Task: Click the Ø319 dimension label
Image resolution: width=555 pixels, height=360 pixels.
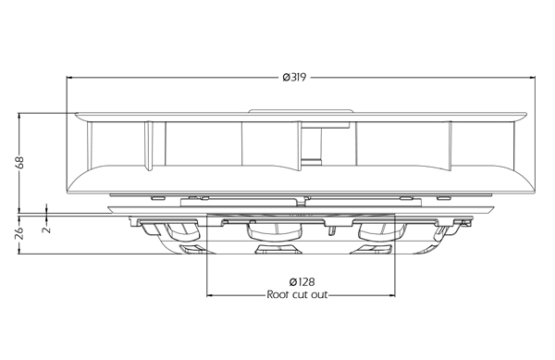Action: (x=294, y=77)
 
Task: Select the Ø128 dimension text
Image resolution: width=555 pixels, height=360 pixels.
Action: (x=302, y=281)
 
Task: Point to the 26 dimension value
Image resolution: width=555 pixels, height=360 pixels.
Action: (x=19, y=233)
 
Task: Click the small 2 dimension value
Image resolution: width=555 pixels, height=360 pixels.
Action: (x=46, y=230)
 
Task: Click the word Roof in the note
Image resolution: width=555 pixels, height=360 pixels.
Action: (x=277, y=294)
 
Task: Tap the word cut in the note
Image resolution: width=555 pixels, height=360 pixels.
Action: (x=299, y=295)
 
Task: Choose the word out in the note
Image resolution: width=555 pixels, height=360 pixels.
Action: (x=319, y=295)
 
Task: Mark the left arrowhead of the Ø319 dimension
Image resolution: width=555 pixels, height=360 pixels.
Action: (x=69, y=77)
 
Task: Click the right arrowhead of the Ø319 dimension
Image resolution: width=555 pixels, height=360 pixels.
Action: (x=532, y=77)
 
